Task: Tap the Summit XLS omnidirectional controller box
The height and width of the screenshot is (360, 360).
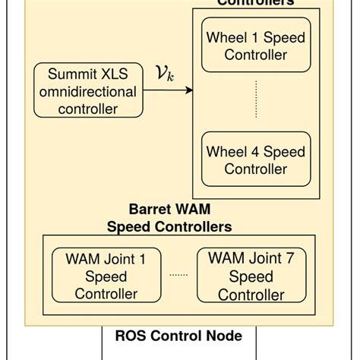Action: coord(88,92)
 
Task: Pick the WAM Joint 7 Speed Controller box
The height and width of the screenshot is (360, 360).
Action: coord(251,276)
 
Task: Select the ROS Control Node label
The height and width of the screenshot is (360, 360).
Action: coord(178,336)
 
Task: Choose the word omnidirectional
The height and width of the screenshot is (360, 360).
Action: coord(88,92)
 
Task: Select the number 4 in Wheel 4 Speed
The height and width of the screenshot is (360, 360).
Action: coord(251,151)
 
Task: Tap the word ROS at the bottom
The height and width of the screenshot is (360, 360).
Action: coord(131,336)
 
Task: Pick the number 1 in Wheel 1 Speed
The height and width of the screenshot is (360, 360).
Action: coord(251,37)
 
